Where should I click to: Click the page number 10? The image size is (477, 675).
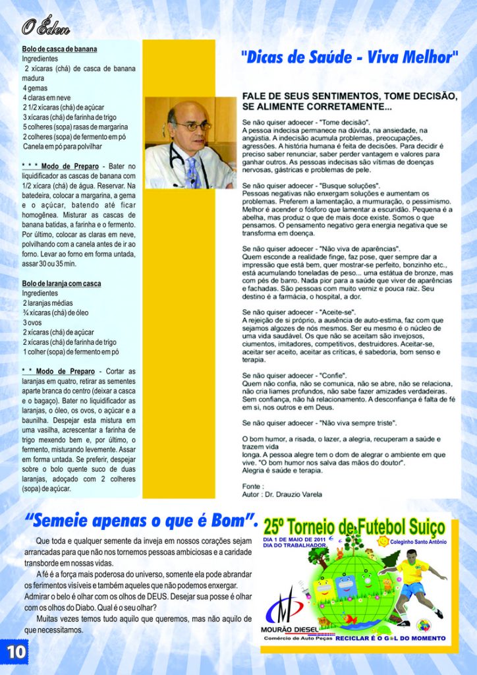(x=15, y=651)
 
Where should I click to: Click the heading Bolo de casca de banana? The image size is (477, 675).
(x=59, y=49)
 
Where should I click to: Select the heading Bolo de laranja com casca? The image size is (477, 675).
(x=61, y=283)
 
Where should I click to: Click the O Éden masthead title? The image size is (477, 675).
(x=45, y=28)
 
